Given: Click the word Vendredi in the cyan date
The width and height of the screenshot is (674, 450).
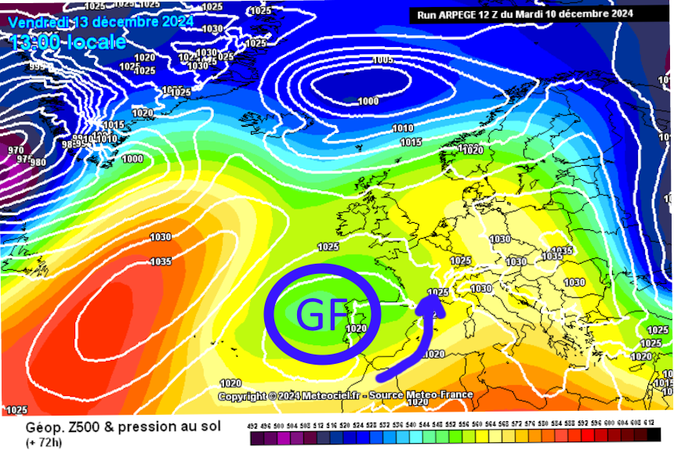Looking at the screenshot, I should click(x=38, y=22).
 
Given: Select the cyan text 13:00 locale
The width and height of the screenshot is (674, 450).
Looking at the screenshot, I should click(x=68, y=41).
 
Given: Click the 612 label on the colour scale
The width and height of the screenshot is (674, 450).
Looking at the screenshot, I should click(x=648, y=424).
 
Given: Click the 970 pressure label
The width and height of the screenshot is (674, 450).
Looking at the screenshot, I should click(x=16, y=149).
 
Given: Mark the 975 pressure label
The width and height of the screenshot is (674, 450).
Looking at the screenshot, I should click(x=24, y=159).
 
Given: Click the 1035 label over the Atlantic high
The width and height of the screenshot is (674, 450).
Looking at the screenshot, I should click(x=161, y=261).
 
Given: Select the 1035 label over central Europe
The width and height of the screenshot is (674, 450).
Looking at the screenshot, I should click(x=552, y=256).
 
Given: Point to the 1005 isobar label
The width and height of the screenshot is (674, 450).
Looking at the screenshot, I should click(x=382, y=60).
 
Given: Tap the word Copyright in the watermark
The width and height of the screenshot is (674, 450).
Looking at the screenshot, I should click(x=241, y=397).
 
